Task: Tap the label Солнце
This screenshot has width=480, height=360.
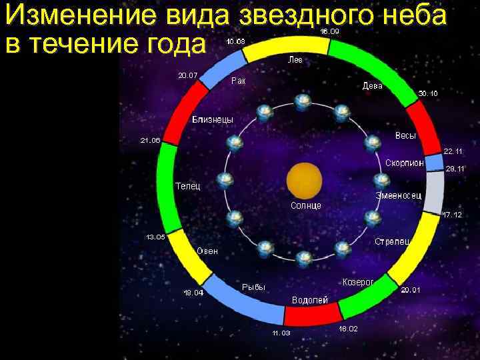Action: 306,205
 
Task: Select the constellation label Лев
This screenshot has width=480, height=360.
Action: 295,60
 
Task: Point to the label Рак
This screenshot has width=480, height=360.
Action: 238,81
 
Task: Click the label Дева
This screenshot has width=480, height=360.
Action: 372,86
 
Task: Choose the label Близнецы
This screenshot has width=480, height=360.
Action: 213,120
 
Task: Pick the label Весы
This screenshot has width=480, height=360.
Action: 405,136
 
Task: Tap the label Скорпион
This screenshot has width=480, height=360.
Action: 405,163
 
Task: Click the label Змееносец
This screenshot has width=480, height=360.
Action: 397,195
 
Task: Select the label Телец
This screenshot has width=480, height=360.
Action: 187,185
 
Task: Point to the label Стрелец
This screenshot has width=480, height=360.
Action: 392,241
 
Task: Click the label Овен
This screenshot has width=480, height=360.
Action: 207,251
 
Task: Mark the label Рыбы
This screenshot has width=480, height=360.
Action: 253,287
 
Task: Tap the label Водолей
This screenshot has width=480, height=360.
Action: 311,300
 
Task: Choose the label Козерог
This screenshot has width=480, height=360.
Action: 358,283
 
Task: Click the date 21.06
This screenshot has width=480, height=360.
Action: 150,141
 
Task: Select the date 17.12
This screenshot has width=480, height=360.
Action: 452,215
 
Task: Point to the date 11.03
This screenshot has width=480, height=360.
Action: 281,333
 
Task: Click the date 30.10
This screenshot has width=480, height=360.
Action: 428,93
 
